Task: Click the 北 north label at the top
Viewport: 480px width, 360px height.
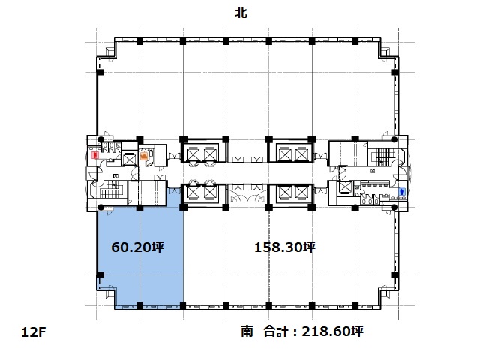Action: tap(241, 13)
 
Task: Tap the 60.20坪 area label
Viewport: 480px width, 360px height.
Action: tap(137, 247)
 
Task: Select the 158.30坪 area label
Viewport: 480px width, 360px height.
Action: tap(285, 247)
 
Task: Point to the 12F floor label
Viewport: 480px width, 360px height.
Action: tap(33, 332)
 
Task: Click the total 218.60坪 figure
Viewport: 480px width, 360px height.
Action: tap(333, 331)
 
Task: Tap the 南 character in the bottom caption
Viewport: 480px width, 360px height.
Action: tap(247, 331)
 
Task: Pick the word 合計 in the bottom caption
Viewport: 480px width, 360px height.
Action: tap(276, 331)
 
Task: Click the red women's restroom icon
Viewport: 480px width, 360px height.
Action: tap(96, 155)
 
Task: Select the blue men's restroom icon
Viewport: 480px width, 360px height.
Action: tap(402, 192)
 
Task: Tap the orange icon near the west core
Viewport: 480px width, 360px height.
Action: tap(143, 156)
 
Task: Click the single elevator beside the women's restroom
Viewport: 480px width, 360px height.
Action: tap(129, 159)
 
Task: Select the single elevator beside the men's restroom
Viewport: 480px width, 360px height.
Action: tap(345, 187)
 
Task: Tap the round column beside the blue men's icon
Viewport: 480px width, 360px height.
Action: tap(394, 208)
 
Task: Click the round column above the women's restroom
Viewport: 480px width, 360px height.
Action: tap(100, 140)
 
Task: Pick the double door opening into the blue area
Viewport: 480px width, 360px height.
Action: tap(174, 190)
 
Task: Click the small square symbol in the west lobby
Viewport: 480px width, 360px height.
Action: tap(115, 176)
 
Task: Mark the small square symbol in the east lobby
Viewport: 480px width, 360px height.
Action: tap(373, 171)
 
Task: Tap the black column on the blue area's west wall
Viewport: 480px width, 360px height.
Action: tap(100, 275)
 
